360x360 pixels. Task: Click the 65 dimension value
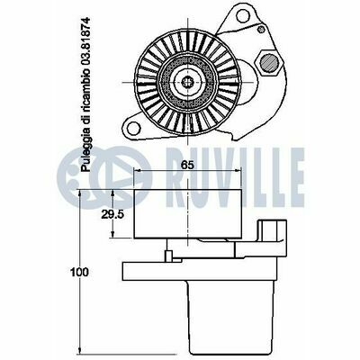click(x=187, y=165)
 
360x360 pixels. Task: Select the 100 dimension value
click(x=79, y=272)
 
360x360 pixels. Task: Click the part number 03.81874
click(x=85, y=46)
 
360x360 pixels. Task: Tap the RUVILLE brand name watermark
click(x=235, y=177)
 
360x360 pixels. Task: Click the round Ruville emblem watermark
click(x=103, y=177)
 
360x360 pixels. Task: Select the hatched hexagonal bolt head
click(x=269, y=63)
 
